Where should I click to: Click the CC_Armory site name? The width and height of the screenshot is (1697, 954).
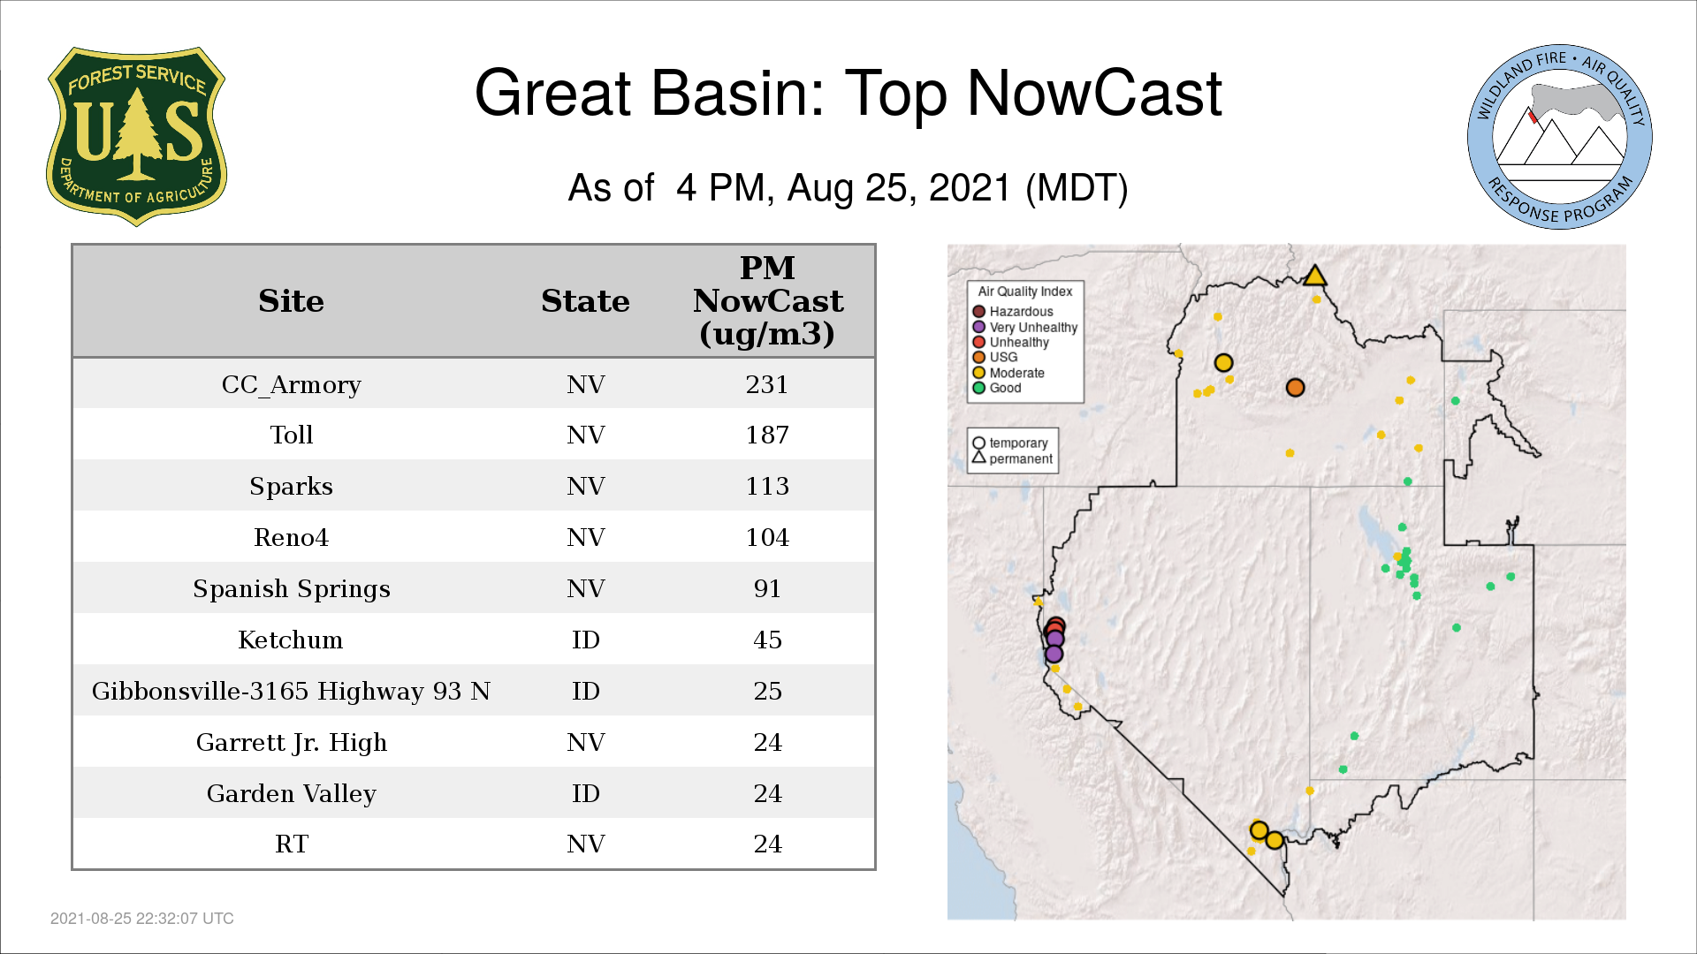tap(291, 385)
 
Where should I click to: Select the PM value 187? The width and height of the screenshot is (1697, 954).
tap(766, 435)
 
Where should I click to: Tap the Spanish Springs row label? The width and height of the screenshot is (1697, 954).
tap(291, 589)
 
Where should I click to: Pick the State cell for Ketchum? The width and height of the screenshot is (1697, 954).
tap(585, 640)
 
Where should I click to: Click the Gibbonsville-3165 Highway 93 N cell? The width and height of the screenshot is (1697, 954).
tap(291, 692)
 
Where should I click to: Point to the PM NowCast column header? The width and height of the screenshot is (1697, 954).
tap(767, 300)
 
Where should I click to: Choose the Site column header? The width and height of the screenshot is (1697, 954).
tap(291, 301)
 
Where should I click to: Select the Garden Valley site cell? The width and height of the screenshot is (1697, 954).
tap(291, 794)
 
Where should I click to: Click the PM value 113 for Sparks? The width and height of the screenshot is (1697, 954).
tap(766, 487)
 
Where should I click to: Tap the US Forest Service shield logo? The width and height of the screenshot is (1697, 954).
tap(136, 137)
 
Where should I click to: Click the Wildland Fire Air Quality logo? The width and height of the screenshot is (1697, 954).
tap(1560, 137)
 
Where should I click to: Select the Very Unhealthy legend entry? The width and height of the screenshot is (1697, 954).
tap(1025, 328)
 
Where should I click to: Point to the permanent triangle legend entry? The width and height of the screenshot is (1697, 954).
tap(1013, 458)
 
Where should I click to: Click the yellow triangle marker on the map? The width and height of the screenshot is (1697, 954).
tap(1315, 276)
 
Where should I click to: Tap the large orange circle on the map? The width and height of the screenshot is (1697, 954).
tap(1296, 388)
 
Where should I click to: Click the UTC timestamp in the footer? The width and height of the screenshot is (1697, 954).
tap(142, 919)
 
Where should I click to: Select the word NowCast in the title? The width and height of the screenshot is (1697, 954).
tap(1094, 94)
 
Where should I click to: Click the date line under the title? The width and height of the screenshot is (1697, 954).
tap(848, 189)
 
